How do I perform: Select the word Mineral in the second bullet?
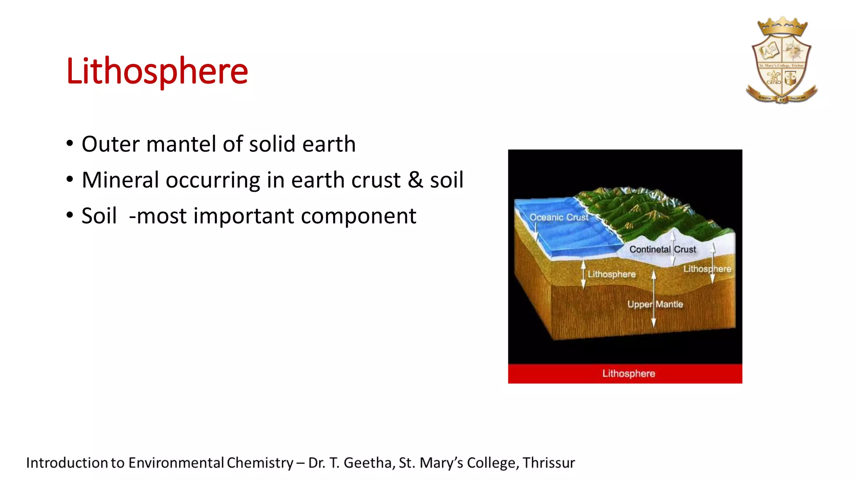(120, 180)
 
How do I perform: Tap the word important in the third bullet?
(243, 216)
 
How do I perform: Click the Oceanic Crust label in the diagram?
(558, 217)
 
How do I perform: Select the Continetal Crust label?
(662, 249)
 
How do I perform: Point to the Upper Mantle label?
(655, 304)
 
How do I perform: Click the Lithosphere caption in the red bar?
(629, 373)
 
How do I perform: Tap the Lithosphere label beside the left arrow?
(611, 274)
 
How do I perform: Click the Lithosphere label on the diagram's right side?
(707, 269)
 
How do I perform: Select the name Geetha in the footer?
(367, 463)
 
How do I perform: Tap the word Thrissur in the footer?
(548, 463)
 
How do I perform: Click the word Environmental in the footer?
(176, 463)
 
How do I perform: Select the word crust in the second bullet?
(376, 180)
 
